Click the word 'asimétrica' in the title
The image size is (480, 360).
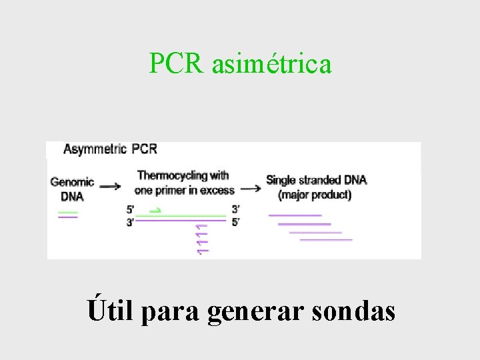click(271, 64)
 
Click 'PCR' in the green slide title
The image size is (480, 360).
click(178, 64)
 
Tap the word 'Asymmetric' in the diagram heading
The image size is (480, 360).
click(95, 149)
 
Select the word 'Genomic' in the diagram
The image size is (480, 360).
click(72, 181)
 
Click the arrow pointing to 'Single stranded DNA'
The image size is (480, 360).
click(251, 189)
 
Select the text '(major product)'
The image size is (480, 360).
click(315, 195)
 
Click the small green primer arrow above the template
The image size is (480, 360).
click(155, 210)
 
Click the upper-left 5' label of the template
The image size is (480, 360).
click(130, 209)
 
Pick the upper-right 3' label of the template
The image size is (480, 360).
click(236, 209)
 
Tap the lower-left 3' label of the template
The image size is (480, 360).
click(130, 222)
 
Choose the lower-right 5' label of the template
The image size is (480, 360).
click(236, 222)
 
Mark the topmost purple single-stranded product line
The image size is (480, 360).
click(295, 215)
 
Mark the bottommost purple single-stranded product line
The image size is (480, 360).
click(326, 239)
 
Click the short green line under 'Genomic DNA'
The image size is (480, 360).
click(67, 212)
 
